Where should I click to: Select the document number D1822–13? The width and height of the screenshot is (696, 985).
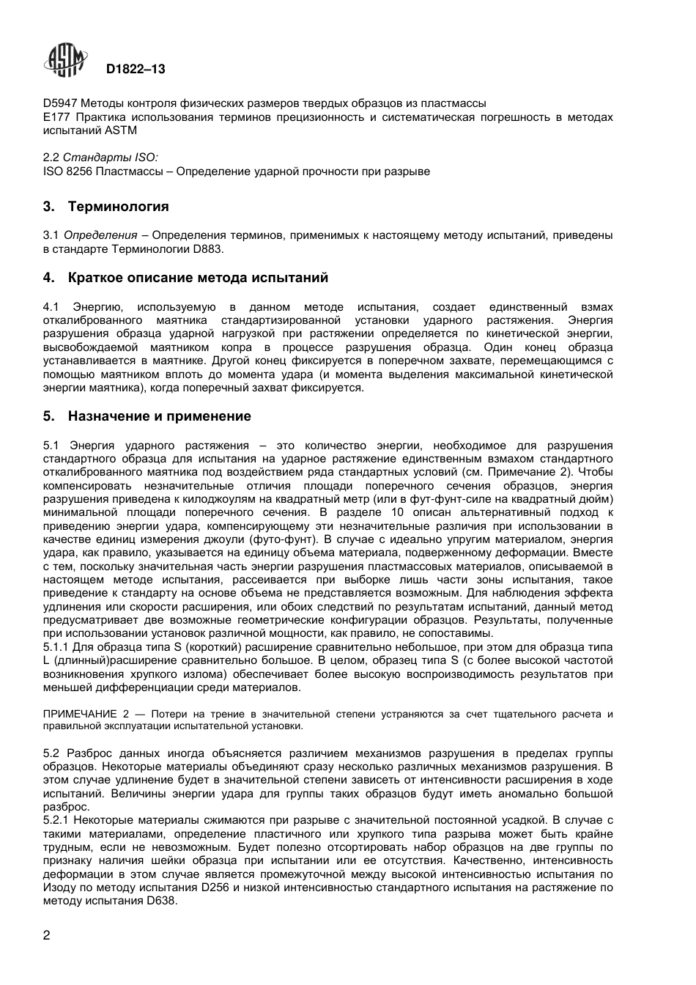pyautogui.click(x=136, y=70)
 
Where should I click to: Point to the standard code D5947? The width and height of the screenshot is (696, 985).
pyautogui.click(x=58, y=103)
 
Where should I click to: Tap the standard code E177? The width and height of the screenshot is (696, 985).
pyautogui.click(x=56, y=117)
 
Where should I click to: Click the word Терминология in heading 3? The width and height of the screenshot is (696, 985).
pyautogui.click(x=118, y=207)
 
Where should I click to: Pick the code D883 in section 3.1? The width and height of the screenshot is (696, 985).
pyautogui.click(x=207, y=249)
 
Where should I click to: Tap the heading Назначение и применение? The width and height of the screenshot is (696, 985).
pyautogui.click(x=159, y=416)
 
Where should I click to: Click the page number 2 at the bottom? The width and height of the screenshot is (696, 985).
pyautogui.click(x=47, y=935)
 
